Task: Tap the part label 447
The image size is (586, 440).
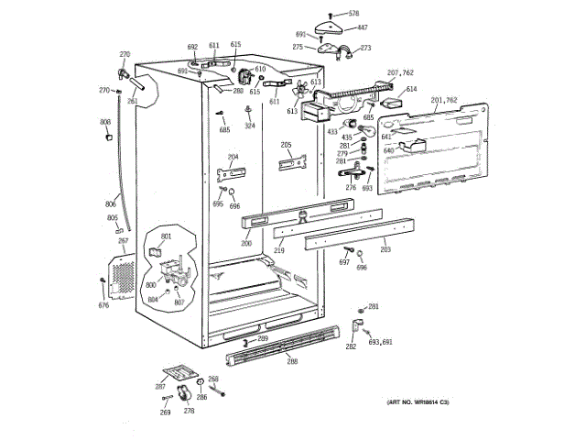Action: click(x=362, y=27)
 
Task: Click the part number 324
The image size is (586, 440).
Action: click(x=249, y=126)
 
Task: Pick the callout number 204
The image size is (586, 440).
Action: click(x=233, y=157)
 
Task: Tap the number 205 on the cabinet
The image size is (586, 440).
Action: click(x=286, y=145)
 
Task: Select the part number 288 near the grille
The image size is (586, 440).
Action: click(x=292, y=361)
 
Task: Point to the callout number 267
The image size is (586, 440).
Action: click(x=123, y=240)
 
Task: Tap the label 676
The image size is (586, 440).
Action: click(x=103, y=305)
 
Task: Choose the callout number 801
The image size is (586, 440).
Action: click(x=166, y=237)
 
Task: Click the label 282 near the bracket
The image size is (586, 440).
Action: click(x=351, y=347)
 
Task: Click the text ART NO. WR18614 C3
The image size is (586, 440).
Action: click(x=417, y=403)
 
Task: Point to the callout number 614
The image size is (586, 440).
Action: click(x=411, y=89)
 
